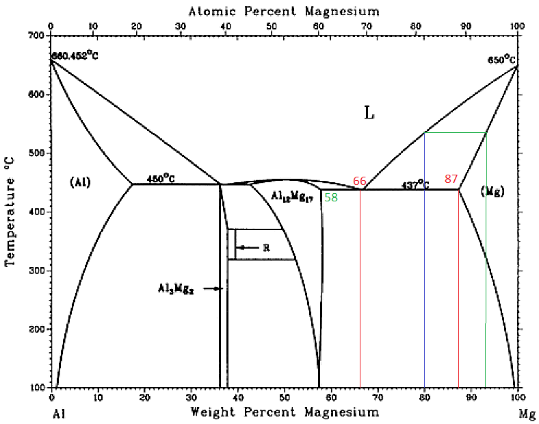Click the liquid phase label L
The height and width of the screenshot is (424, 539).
(x=369, y=113)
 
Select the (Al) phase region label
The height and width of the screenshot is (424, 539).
(x=80, y=182)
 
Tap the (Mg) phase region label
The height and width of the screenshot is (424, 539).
(x=492, y=191)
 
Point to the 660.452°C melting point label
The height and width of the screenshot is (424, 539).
(x=74, y=55)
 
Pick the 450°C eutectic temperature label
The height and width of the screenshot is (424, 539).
(x=161, y=179)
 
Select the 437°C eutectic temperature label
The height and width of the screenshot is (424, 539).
(x=415, y=184)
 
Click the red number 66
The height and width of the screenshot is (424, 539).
(x=360, y=180)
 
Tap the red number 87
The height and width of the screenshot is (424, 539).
(x=451, y=179)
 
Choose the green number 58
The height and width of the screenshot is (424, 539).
(x=331, y=197)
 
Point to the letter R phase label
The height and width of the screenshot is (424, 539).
(x=266, y=247)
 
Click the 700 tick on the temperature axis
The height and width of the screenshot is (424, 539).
(x=36, y=35)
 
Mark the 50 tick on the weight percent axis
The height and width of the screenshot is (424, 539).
(x=284, y=397)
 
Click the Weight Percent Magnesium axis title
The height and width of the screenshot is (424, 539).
(x=284, y=412)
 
